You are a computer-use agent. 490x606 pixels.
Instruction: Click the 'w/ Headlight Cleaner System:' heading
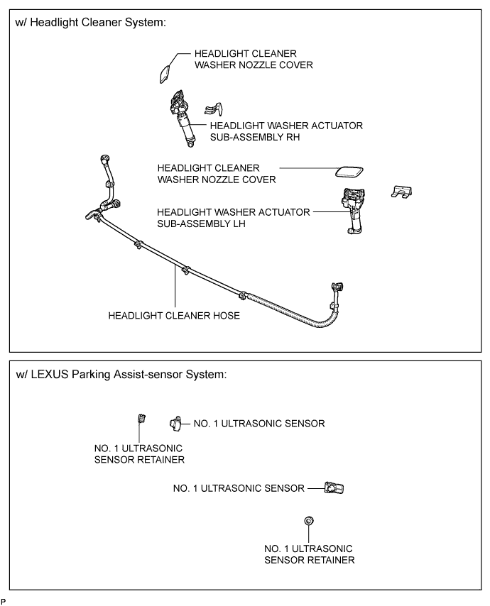click(x=90, y=23)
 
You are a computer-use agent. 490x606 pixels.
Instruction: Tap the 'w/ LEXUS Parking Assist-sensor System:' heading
click(x=121, y=375)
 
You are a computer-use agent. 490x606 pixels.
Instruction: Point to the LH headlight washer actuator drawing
click(x=353, y=211)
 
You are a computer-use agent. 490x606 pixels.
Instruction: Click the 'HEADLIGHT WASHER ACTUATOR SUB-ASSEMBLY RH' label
click(x=286, y=131)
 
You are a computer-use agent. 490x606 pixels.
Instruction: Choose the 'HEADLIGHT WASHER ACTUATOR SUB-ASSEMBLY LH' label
click(x=234, y=218)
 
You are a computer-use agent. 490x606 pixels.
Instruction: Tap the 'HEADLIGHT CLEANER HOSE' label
click(x=174, y=316)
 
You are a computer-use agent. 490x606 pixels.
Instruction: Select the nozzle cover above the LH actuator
click(x=349, y=172)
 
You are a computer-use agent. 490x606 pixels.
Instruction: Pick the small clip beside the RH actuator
click(x=214, y=109)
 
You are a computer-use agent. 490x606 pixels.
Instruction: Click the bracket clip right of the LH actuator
click(x=401, y=192)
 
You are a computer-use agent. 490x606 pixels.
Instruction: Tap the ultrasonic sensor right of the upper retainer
click(x=175, y=424)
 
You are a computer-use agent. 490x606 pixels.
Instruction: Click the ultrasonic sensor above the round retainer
click(x=334, y=488)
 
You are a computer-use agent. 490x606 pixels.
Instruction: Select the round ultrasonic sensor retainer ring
click(x=309, y=521)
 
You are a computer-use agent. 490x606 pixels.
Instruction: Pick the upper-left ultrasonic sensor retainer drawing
click(x=141, y=419)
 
